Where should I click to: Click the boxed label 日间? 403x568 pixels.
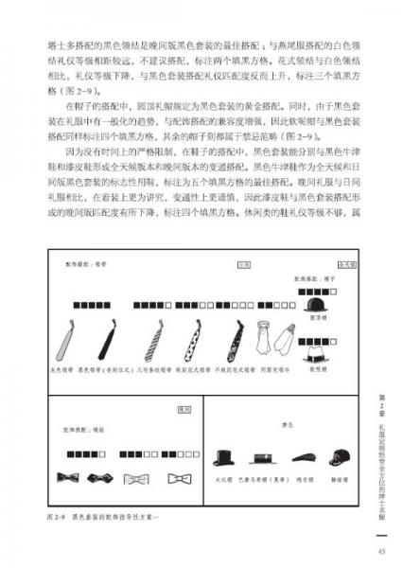coord(243,264)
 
